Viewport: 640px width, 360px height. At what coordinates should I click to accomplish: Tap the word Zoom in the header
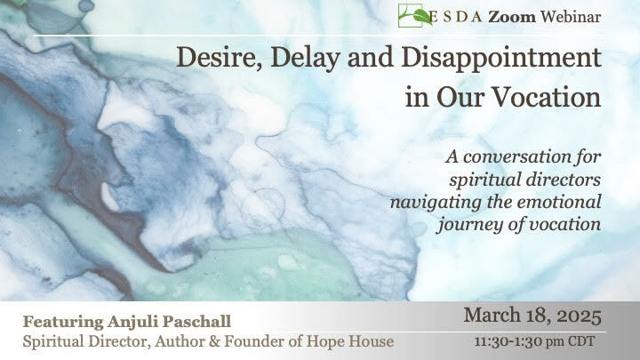(512, 17)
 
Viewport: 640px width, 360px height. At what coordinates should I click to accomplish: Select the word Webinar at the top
(571, 17)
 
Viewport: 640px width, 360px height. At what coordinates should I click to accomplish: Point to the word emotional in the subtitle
(559, 202)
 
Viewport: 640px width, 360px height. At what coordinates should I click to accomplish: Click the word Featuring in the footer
(63, 322)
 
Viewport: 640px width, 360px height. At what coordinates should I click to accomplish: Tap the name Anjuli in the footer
(133, 322)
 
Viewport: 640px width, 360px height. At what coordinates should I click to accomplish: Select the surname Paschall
(196, 322)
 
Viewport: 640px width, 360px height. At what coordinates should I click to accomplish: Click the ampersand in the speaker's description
(214, 341)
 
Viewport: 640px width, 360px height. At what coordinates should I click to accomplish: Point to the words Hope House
(350, 341)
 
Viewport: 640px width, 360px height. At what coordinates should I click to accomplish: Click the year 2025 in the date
(580, 316)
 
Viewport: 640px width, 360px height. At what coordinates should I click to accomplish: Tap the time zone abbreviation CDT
(580, 341)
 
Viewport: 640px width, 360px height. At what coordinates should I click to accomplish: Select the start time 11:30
(489, 341)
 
